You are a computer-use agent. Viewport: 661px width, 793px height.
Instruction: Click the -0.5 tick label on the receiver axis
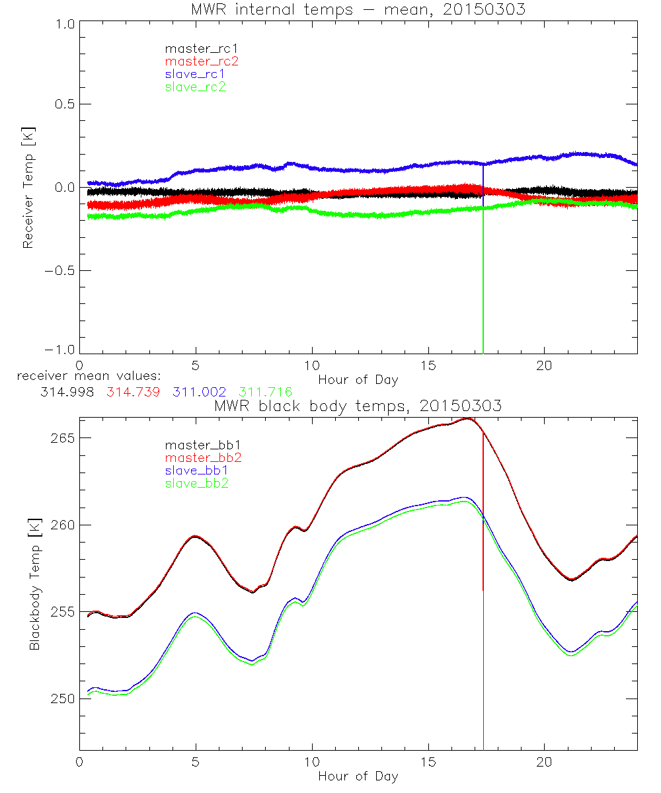[x=59, y=270]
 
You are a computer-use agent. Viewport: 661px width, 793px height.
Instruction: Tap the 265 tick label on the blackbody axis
[x=62, y=438]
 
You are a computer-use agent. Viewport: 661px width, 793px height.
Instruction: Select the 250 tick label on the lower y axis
[x=62, y=699]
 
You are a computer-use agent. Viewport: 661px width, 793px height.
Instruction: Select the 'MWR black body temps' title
[x=358, y=406]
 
